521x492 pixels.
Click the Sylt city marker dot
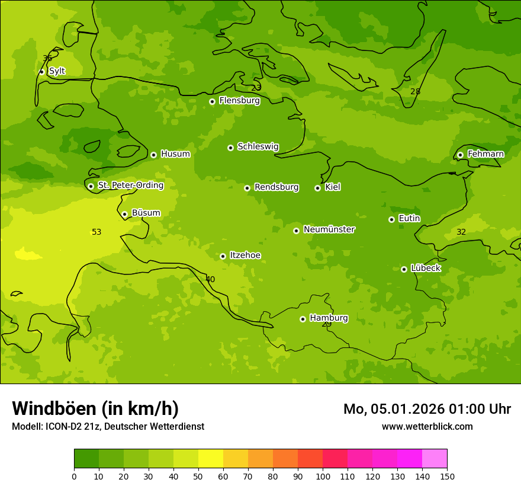click(41, 72)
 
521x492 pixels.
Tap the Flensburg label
click(239, 101)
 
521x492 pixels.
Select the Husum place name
click(175, 154)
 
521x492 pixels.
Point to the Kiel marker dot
click(317, 188)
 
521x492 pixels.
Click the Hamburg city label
click(329, 318)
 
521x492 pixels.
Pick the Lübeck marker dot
click(404, 269)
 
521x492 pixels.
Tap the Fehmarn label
click(485, 154)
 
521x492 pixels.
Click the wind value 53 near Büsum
click(97, 232)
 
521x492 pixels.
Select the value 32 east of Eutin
click(461, 232)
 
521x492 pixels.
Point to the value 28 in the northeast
click(415, 91)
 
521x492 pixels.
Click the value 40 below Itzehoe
click(210, 279)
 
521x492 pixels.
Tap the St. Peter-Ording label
click(130, 186)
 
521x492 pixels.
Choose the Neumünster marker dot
click(296, 231)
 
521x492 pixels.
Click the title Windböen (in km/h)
click(95, 408)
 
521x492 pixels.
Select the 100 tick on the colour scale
click(323, 475)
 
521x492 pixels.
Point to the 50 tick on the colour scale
click(198, 475)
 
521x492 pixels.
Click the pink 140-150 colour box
click(435, 459)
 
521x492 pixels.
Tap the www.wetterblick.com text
click(427, 426)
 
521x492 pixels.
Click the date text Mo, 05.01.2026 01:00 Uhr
click(427, 409)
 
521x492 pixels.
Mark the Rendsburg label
click(276, 187)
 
